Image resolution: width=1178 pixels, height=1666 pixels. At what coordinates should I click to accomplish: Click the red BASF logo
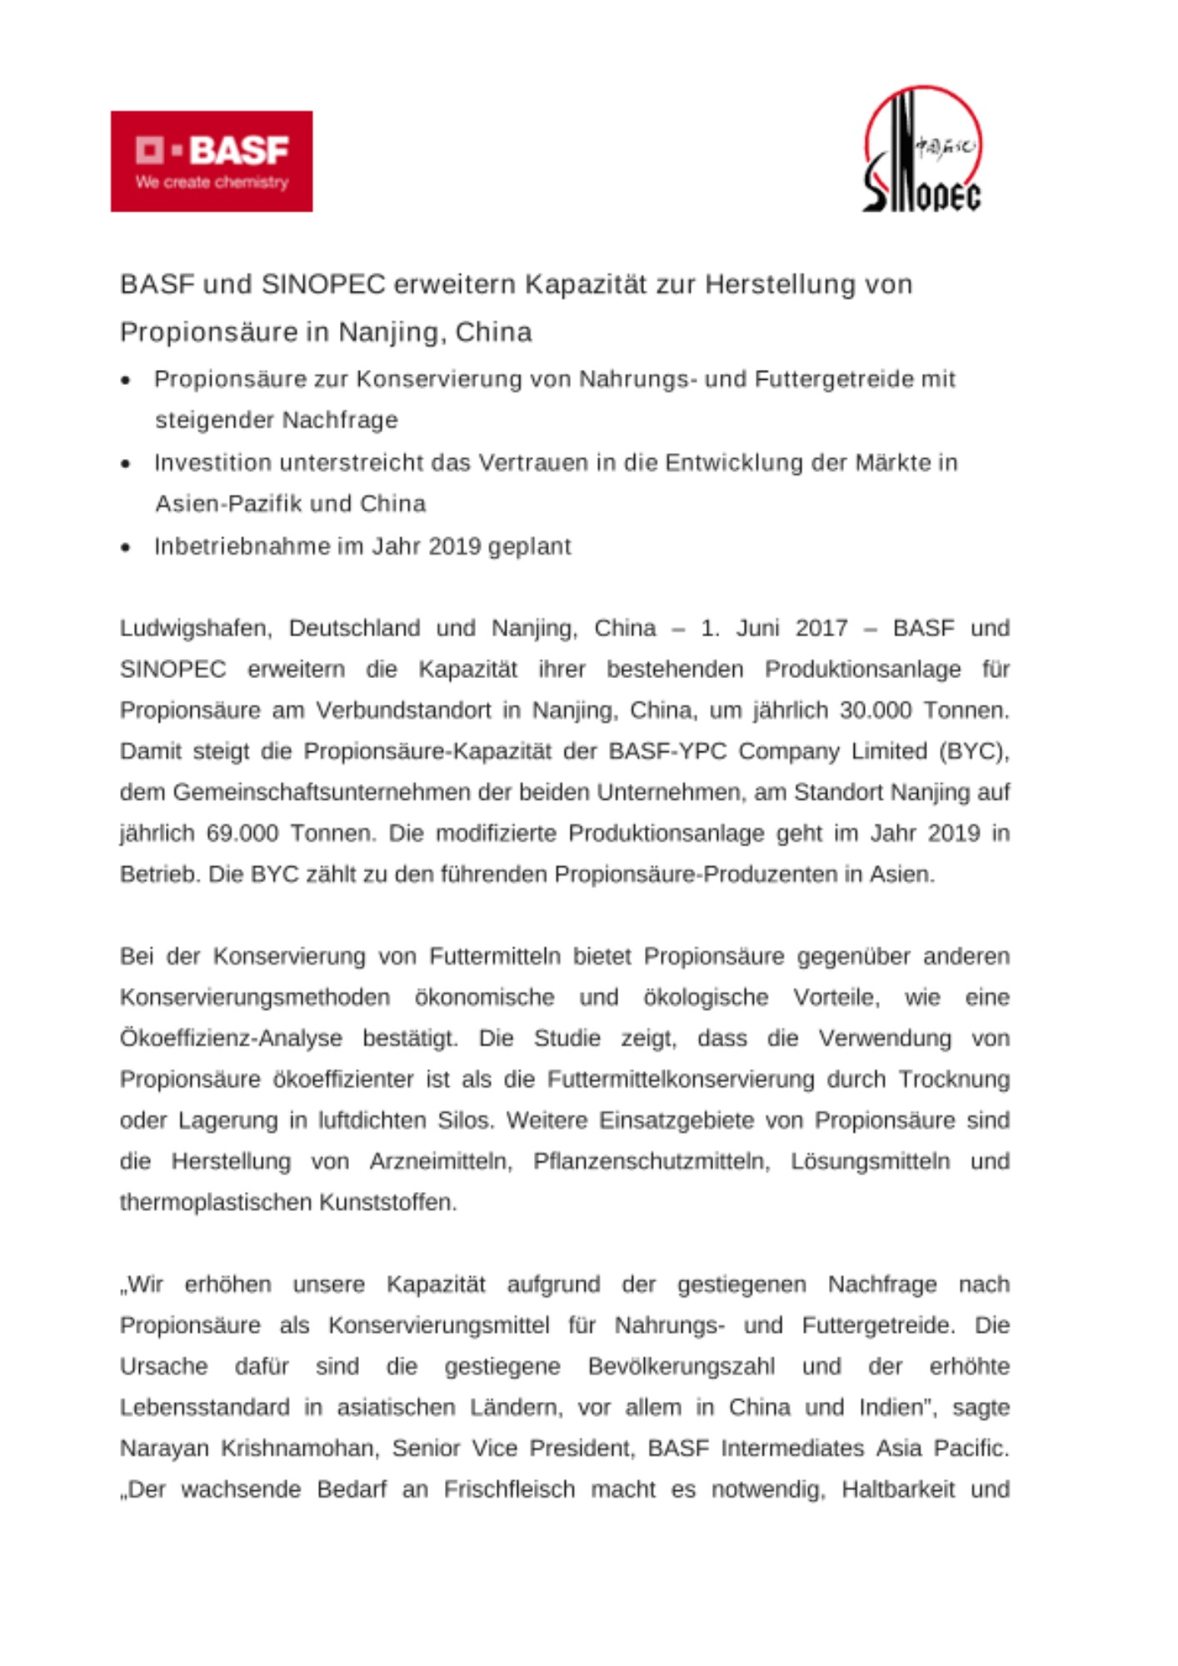pyautogui.click(x=212, y=161)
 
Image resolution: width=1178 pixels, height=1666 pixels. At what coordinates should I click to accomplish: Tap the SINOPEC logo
pyautogui.click(x=922, y=150)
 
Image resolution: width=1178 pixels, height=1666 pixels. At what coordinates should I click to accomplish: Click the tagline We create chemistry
pyautogui.click(x=212, y=182)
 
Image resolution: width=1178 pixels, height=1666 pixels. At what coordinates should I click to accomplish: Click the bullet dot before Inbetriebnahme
pyautogui.click(x=126, y=547)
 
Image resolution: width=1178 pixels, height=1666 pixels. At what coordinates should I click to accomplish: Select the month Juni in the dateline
pyautogui.click(x=757, y=628)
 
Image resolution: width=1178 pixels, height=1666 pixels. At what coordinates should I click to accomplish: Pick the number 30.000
pyautogui.click(x=870, y=711)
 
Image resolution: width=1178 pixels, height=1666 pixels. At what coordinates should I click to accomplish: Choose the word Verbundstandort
pyautogui.click(x=403, y=711)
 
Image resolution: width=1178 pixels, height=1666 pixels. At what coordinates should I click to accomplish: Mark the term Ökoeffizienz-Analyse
pyautogui.click(x=231, y=1039)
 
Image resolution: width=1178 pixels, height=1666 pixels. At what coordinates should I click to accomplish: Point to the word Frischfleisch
pyautogui.click(x=509, y=1489)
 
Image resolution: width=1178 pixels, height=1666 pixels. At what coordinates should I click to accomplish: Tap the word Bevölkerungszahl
pyautogui.click(x=681, y=1367)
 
